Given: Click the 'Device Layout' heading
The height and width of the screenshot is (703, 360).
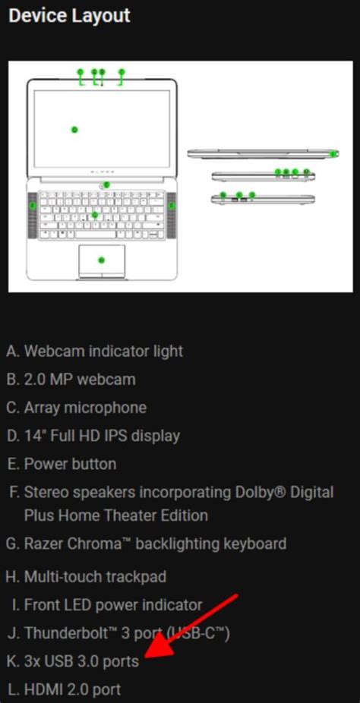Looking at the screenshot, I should pyautogui.click(x=69, y=15).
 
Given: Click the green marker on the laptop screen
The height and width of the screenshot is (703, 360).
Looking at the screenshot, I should pyautogui.click(x=74, y=130).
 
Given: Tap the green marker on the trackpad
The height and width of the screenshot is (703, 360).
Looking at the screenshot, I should pyautogui.click(x=101, y=260).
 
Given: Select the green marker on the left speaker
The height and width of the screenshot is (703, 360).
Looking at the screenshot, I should pyautogui.click(x=33, y=205).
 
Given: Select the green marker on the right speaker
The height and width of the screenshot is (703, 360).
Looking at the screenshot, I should pyautogui.click(x=172, y=205).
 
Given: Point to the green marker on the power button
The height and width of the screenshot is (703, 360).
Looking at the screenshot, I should pyautogui.click(x=107, y=184).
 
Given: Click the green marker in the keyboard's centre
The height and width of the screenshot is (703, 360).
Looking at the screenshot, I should pyautogui.click(x=94, y=215).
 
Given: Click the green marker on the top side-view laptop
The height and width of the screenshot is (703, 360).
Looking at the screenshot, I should pyautogui.click(x=334, y=153).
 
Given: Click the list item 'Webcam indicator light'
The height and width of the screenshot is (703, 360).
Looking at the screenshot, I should pyautogui.click(x=103, y=351).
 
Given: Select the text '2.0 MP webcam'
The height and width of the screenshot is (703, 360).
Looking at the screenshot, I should pyautogui.click(x=80, y=380).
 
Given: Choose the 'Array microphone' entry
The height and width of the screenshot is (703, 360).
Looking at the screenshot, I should pyautogui.click(x=85, y=408).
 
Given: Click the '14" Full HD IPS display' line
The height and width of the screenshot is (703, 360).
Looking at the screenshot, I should pyautogui.click(x=102, y=436).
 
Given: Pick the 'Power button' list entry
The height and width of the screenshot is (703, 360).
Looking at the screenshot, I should pyautogui.click(x=70, y=464).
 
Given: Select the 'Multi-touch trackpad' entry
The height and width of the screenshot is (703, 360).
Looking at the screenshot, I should pyautogui.click(x=95, y=577).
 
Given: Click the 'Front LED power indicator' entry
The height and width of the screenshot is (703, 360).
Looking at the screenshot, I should pyautogui.click(x=113, y=605).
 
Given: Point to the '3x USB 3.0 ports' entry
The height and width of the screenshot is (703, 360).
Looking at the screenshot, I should pyautogui.click(x=81, y=661).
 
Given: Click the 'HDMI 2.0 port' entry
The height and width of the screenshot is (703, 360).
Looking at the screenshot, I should pyautogui.click(x=72, y=689).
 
